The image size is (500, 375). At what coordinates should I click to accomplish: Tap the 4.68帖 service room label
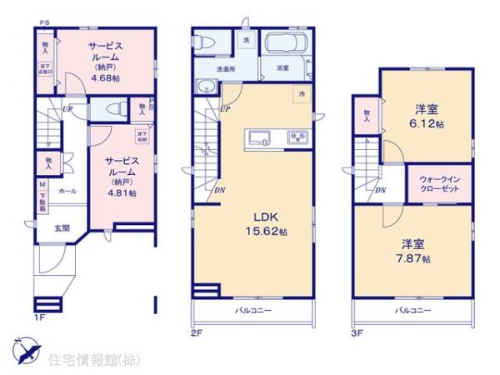106,61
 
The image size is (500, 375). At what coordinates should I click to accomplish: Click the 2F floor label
197,333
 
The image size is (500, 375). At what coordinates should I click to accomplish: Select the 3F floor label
356,333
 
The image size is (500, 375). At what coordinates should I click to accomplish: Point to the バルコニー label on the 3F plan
412,310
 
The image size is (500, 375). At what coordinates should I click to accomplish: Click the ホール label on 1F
67,192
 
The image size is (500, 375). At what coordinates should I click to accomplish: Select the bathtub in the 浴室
285,44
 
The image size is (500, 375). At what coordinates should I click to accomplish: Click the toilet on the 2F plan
208,42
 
